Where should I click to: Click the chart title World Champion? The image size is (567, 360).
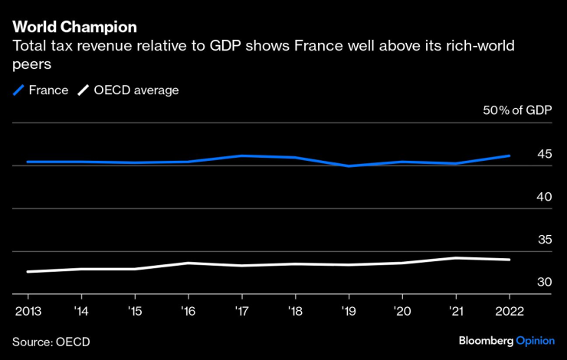[x=75, y=27]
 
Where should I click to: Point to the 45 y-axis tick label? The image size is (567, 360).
[x=544, y=154]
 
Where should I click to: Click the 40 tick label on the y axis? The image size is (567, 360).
[x=544, y=197]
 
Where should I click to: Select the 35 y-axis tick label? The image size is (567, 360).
[x=544, y=240]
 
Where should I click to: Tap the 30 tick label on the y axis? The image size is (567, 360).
[x=544, y=283]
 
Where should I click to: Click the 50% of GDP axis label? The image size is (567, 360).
[x=517, y=111]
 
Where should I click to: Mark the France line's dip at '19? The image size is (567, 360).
[x=349, y=165]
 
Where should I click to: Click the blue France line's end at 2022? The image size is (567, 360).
[x=510, y=155]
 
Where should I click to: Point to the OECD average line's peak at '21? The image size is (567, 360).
[x=457, y=258]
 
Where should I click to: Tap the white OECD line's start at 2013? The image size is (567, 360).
[x=28, y=271]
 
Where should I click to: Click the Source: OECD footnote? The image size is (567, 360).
[x=51, y=341]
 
